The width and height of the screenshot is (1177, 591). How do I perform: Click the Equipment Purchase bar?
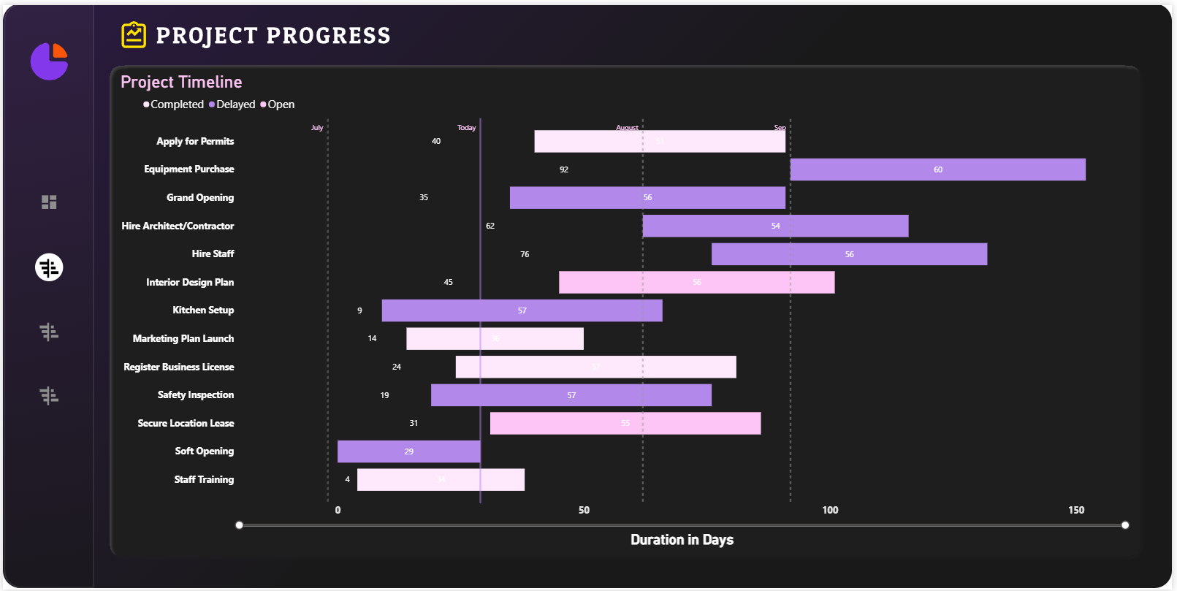(937, 169)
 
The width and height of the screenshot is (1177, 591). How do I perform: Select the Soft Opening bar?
(408, 451)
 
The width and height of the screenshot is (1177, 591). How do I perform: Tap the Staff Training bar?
(441, 480)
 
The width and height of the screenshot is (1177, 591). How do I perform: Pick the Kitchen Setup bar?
(522, 310)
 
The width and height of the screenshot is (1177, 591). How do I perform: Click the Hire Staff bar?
(849, 254)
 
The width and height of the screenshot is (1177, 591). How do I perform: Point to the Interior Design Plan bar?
(696, 283)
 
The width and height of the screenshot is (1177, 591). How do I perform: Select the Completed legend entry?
(174, 104)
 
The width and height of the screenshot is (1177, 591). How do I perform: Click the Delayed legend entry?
(232, 104)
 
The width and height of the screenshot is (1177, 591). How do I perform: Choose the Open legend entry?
(278, 104)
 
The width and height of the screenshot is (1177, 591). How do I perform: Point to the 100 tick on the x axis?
(830, 510)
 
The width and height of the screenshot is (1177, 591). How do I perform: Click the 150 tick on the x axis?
(1076, 510)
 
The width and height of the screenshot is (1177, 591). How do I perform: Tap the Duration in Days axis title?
(682, 540)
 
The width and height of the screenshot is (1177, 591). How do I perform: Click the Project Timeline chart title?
(181, 82)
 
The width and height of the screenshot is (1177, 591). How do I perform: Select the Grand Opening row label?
(200, 197)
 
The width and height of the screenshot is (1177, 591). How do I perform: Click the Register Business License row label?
(179, 367)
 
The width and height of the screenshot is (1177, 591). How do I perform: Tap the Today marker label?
(466, 128)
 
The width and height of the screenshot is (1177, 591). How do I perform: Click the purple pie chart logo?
(49, 61)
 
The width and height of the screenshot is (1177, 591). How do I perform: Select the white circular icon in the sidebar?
(49, 267)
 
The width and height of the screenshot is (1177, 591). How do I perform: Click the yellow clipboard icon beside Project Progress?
(134, 35)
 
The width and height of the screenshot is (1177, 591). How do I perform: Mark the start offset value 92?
(564, 169)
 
